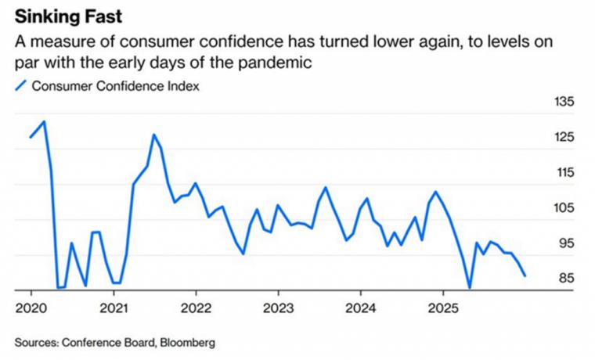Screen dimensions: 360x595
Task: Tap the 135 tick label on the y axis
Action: pos(565,103)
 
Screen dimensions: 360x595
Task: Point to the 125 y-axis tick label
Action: pos(565,138)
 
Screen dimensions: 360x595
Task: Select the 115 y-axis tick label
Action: pos(565,173)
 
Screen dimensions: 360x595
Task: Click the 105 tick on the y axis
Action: pos(565,208)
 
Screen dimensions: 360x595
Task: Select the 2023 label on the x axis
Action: pos(278,306)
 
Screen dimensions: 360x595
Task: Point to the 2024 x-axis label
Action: pos(360,306)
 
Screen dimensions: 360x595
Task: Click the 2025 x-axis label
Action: pos(442,306)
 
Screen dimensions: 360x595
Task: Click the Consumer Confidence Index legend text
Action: pos(115,86)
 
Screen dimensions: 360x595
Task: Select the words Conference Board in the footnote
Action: pos(105,342)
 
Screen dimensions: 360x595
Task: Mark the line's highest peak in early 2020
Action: pos(45,121)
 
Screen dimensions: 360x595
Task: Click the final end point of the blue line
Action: pos(525,275)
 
